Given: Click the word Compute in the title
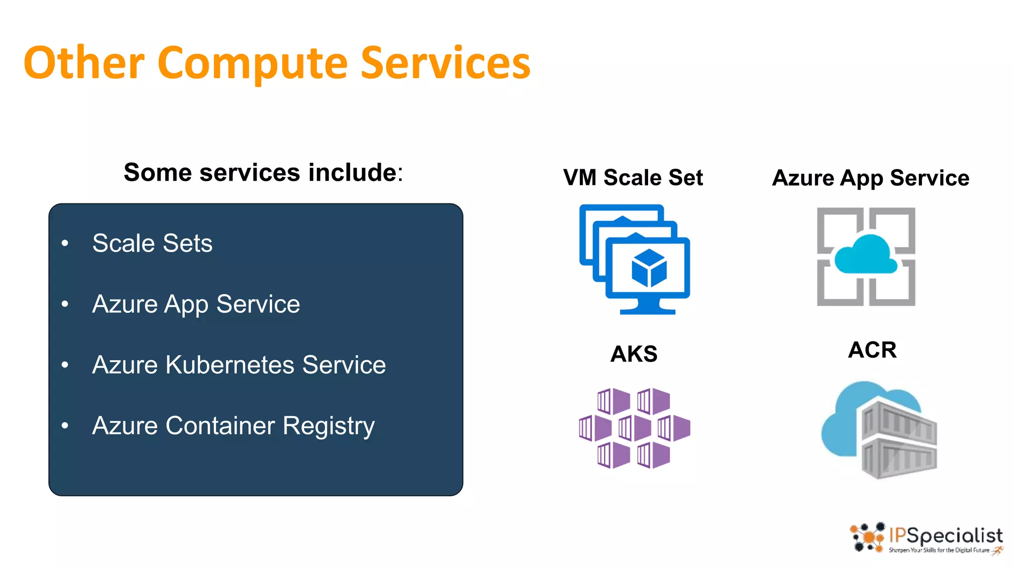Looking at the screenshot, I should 253,63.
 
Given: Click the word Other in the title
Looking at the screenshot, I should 84,63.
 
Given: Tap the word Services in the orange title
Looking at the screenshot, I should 445,63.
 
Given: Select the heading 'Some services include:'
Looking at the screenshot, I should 263,173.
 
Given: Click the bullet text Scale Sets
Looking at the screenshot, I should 152,243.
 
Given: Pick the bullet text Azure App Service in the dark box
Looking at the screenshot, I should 196,304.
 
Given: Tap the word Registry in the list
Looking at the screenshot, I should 328,426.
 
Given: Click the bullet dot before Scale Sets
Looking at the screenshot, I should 65,243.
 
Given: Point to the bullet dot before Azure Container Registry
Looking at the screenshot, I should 65,426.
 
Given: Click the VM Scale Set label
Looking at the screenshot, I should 633,178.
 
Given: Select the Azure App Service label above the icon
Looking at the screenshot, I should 870,178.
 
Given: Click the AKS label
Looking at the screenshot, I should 634,354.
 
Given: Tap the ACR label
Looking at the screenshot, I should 872,350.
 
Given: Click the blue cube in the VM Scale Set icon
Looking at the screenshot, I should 649,268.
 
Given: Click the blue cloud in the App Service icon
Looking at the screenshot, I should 865,255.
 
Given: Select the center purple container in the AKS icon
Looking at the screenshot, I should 634,428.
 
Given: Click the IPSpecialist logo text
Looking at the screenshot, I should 946,536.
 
